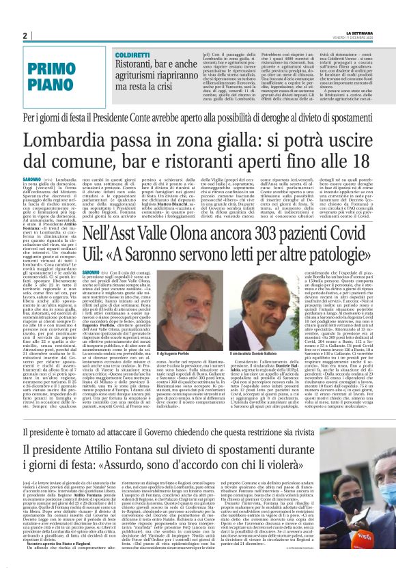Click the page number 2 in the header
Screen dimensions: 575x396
[x=24, y=36]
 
